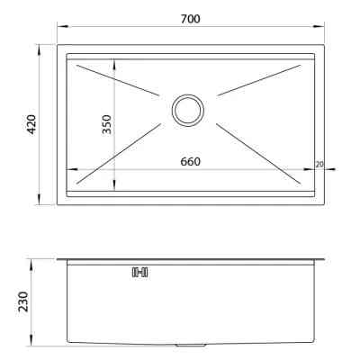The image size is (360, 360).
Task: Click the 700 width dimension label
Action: click(x=190, y=19)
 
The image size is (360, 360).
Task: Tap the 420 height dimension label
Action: click(x=31, y=124)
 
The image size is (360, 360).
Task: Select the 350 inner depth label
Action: click(x=106, y=124)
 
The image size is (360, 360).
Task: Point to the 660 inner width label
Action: click(x=190, y=162)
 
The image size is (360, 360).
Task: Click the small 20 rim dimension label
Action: click(x=319, y=164)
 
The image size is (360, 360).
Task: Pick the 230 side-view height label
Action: click(x=23, y=301)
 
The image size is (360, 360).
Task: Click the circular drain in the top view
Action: click(x=188, y=111)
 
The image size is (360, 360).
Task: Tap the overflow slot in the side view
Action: click(x=140, y=272)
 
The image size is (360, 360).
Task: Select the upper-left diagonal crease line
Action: click(x=118, y=80)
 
